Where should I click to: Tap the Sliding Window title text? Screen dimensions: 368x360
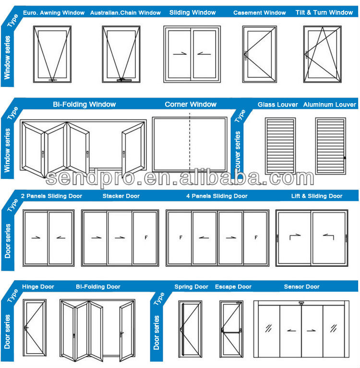(x=192, y=12)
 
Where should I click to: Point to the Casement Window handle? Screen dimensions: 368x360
(x=245, y=55)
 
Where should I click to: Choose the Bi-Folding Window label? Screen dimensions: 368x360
(x=84, y=104)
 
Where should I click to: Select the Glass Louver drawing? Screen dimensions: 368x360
(x=280, y=145)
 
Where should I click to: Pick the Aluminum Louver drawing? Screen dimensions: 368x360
(x=330, y=145)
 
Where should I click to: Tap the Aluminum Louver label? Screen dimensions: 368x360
(x=330, y=105)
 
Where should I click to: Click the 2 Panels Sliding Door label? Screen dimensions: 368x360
(x=52, y=196)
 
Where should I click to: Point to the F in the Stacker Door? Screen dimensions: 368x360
(x=145, y=237)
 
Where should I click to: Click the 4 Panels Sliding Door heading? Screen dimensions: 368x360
(x=217, y=196)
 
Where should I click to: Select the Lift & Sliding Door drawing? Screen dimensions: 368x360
(x=312, y=237)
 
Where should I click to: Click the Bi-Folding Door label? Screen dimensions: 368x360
(x=98, y=287)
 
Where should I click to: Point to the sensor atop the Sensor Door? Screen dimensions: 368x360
(x=301, y=303)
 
